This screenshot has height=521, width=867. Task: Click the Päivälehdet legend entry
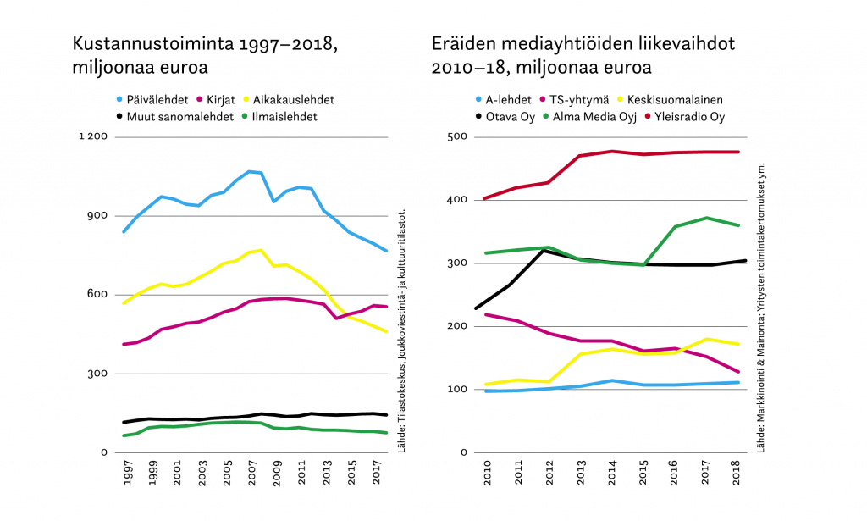pyautogui.click(x=157, y=100)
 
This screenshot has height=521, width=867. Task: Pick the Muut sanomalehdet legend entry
pyautogui.click(x=174, y=117)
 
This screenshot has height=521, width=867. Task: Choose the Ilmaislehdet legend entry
pyautogui.click(x=284, y=117)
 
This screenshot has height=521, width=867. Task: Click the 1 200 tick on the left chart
pyautogui.click(x=91, y=136)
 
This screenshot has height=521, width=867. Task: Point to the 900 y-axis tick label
pyautogui.click(x=96, y=215)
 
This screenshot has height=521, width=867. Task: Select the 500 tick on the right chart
pyautogui.click(x=457, y=137)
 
